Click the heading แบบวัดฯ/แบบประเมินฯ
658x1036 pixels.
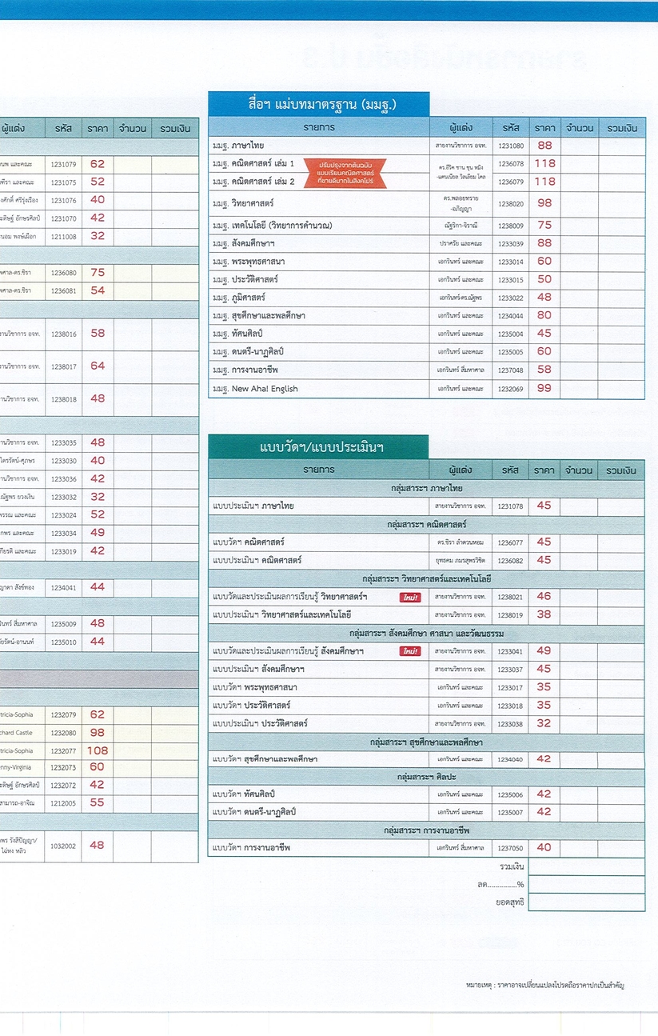click(x=317, y=446)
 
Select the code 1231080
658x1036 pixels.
click(x=511, y=146)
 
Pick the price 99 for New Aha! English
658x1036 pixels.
click(x=544, y=388)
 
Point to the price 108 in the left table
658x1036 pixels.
click(x=98, y=750)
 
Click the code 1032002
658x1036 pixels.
click(x=63, y=845)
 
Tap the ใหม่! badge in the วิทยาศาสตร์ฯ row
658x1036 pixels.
click(x=410, y=597)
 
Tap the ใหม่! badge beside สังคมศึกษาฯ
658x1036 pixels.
click(x=410, y=651)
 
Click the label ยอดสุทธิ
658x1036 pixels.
click(x=510, y=902)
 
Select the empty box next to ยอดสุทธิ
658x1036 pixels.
click(x=586, y=902)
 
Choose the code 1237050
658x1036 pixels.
click(x=511, y=847)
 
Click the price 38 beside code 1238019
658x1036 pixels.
click(x=544, y=614)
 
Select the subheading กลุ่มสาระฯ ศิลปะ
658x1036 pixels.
click(x=426, y=777)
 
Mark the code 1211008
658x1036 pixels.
click(x=63, y=236)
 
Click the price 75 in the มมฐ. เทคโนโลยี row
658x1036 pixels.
click(x=544, y=226)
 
